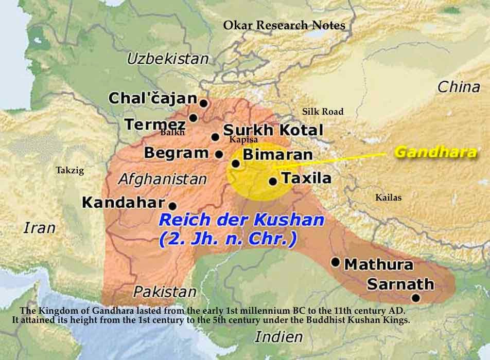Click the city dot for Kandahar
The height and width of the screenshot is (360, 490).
(x=172, y=205)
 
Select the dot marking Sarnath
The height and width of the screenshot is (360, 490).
(x=416, y=298)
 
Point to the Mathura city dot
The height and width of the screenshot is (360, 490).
(x=335, y=262)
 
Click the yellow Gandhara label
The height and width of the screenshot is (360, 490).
(x=435, y=153)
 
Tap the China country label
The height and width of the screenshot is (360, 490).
(x=458, y=87)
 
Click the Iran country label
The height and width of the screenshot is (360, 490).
(x=39, y=227)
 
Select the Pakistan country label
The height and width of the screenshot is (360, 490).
(x=165, y=292)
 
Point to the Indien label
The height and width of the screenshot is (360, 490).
(x=278, y=337)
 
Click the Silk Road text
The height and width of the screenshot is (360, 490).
(x=322, y=112)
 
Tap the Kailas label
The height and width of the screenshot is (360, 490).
(x=388, y=197)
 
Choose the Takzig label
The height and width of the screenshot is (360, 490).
(x=69, y=170)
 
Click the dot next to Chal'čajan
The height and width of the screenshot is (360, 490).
(x=203, y=103)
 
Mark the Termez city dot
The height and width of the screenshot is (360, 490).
(x=194, y=118)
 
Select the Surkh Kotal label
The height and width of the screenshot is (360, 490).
(x=273, y=130)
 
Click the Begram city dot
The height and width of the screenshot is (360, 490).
(x=219, y=154)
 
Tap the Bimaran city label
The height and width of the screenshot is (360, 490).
(x=277, y=154)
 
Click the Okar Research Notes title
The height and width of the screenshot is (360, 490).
(x=284, y=25)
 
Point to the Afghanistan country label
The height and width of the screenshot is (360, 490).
(x=162, y=179)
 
